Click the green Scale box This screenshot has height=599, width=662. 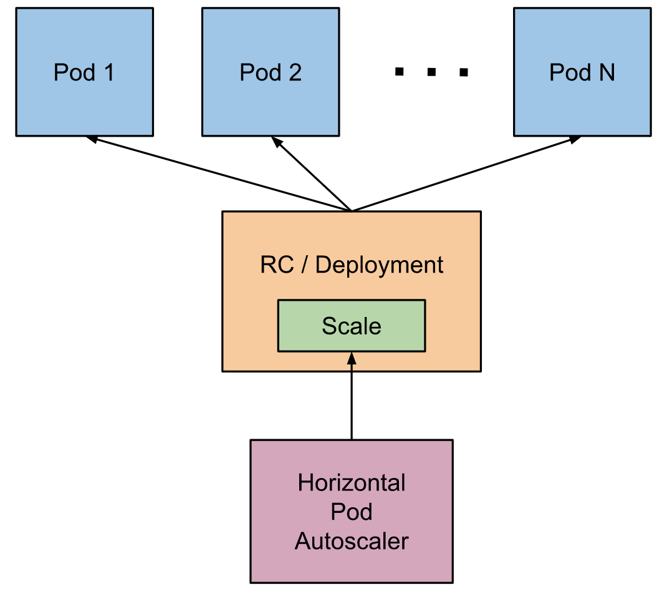click(352, 326)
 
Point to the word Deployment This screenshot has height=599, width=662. click(379, 265)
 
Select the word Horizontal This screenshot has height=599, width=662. click(352, 483)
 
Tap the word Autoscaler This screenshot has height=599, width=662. click(352, 541)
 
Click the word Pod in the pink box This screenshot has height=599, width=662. click(352, 512)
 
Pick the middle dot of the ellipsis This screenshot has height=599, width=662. click(431, 72)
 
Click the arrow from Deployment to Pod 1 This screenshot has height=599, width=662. click(218, 173)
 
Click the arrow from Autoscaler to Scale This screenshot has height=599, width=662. click(352, 399)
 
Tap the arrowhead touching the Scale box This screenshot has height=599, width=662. click(352, 358)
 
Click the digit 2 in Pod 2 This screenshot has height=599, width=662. click(295, 72)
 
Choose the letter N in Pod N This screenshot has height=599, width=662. click(607, 72)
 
